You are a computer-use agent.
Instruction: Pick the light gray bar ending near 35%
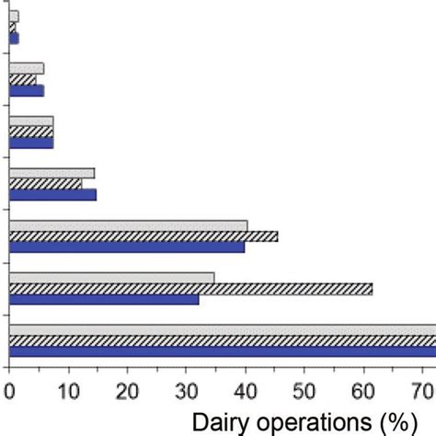[x=111, y=278]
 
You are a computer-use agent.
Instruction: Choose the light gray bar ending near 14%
[x=52, y=173]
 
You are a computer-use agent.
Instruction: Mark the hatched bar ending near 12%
[x=45, y=184]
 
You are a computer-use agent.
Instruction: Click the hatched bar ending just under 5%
[x=23, y=80]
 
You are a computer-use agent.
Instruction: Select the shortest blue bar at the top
[x=14, y=39]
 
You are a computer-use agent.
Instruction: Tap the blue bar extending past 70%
[x=221, y=350]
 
